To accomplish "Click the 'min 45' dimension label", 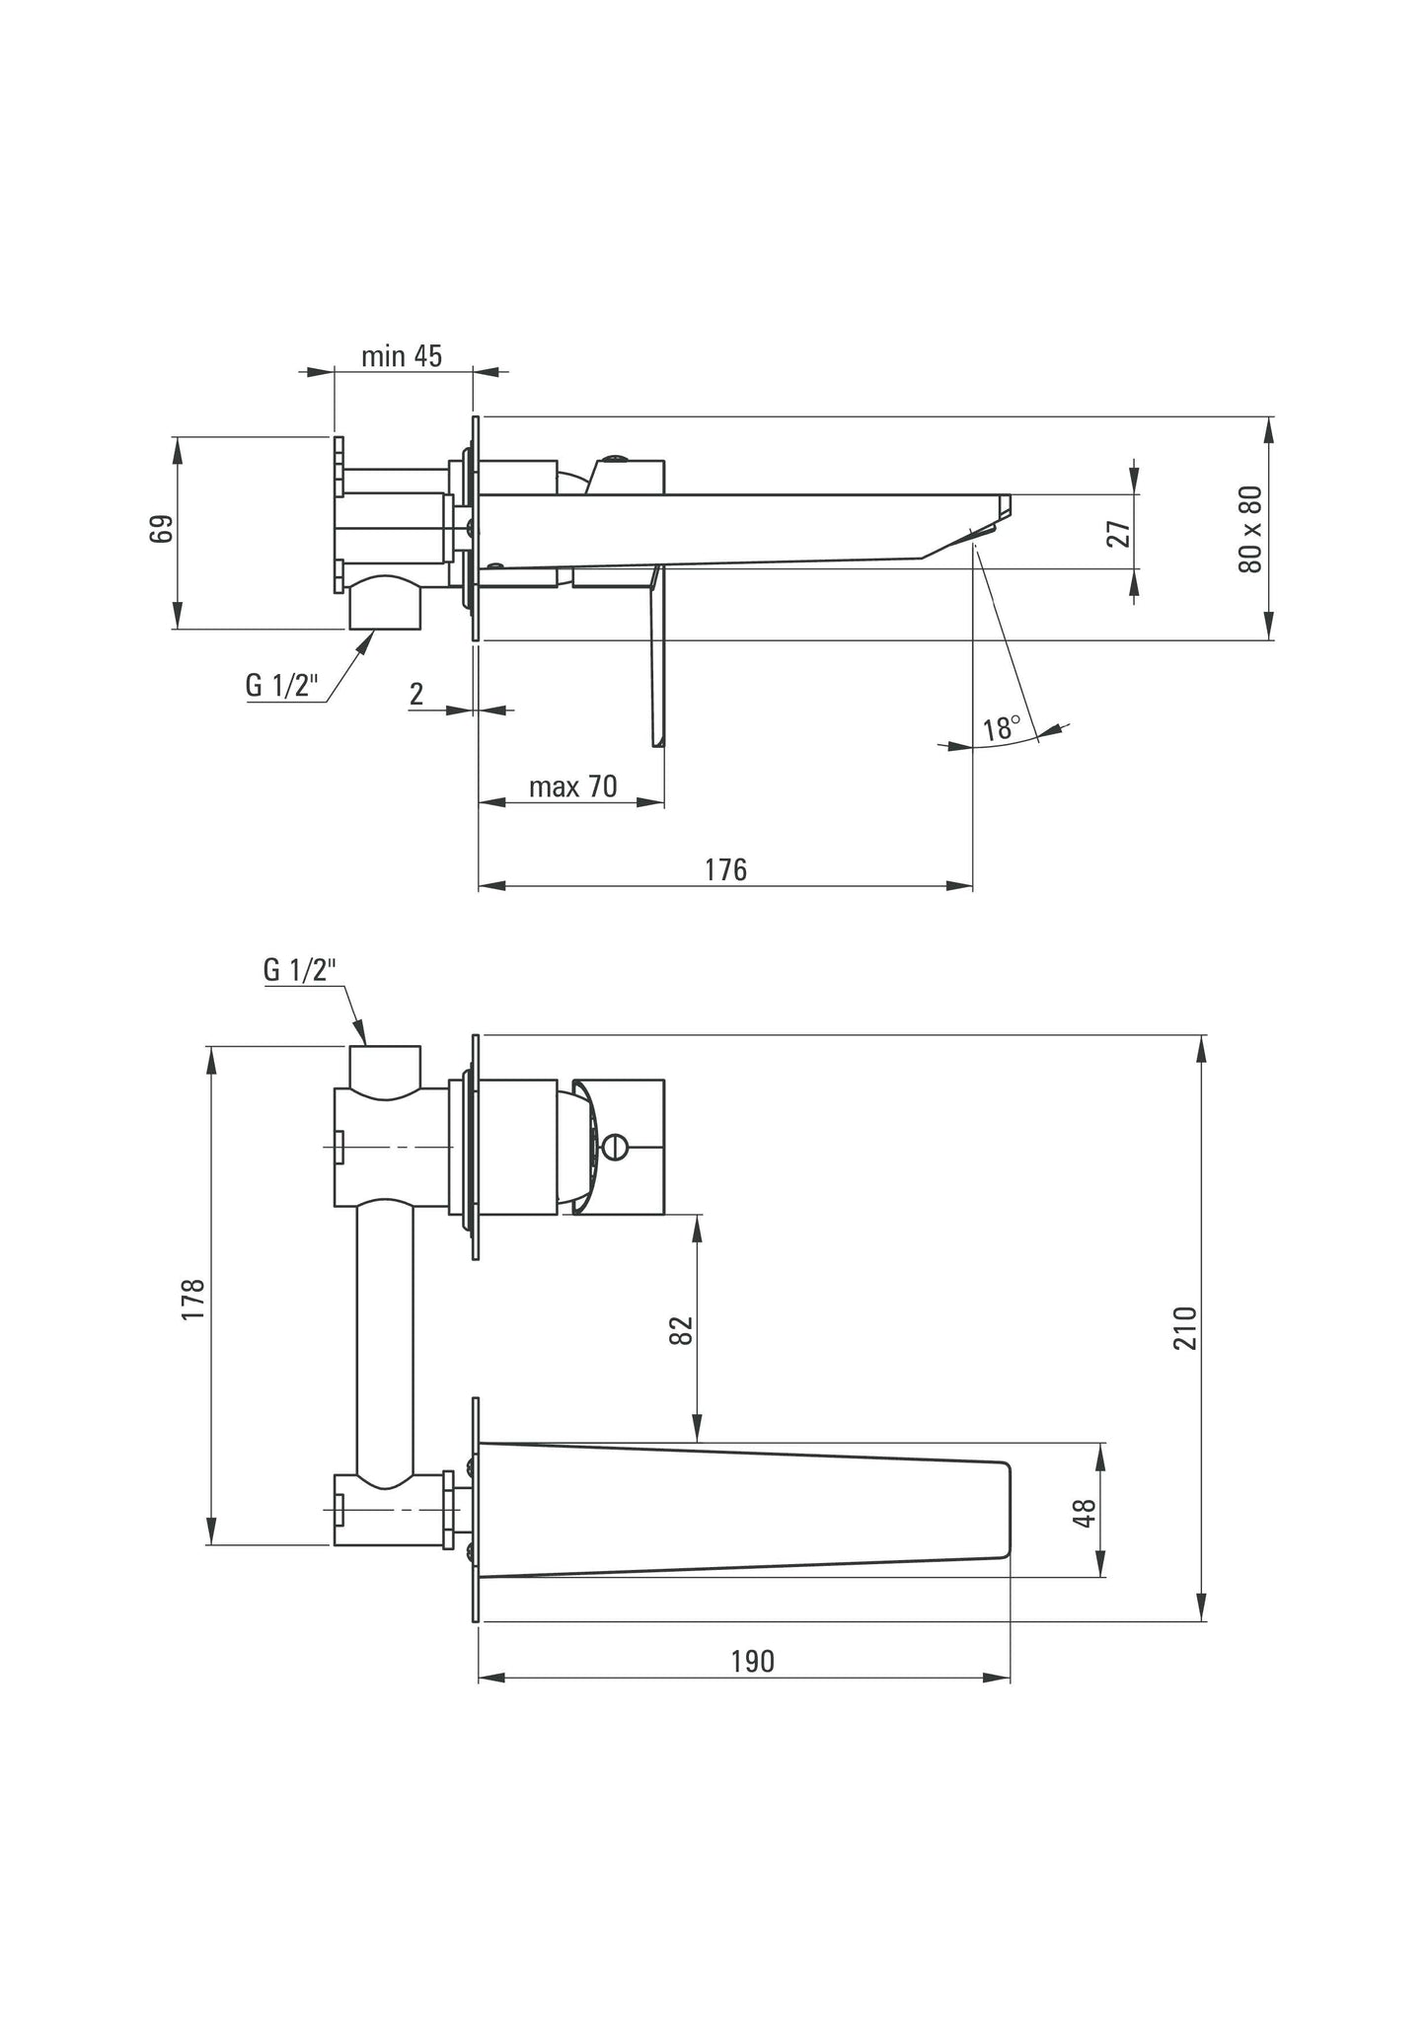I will tap(402, 356).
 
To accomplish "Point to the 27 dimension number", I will tap(1118, 534).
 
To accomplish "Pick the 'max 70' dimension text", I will tap(572, 786).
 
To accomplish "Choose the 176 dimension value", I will tap(725, 869).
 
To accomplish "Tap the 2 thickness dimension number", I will tap(416, 695).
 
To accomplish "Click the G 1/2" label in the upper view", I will tap(283, 685).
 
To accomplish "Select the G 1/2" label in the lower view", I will tap(300, 970).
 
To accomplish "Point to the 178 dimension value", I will tap(193, 1299).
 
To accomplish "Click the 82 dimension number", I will tap(682, 1329).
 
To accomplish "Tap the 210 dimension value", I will tap(1185, 1328).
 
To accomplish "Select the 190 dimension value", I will tap(752, 1662).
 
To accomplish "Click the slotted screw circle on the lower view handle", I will tap(615, 1147).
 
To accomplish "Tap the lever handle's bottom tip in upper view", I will tap(656, 742).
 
